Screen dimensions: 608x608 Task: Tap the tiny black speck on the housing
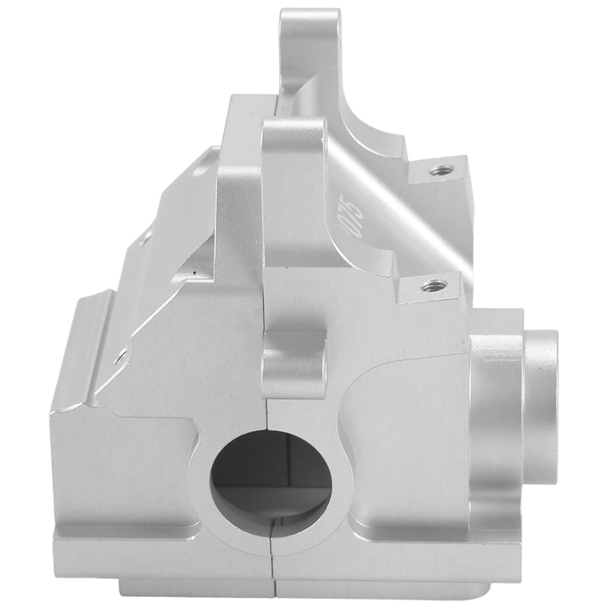coord(195,273)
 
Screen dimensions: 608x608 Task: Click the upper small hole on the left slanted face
coord(145,240)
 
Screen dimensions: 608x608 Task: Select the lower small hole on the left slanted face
coord(121,358)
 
